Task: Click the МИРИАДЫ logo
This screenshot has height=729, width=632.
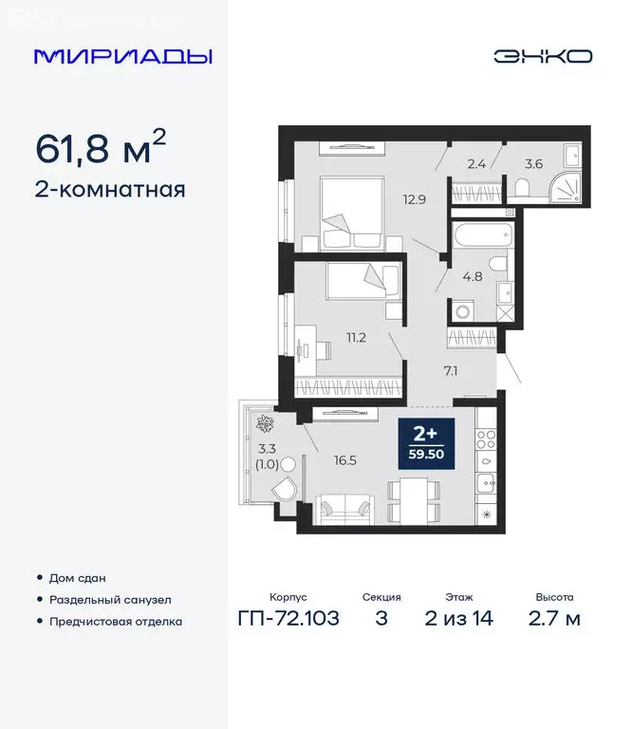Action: point(122,56)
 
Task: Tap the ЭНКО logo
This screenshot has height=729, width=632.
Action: point(542,56)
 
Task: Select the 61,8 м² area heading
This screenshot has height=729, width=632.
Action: point(101,147)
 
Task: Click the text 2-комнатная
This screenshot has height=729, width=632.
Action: point(110,189)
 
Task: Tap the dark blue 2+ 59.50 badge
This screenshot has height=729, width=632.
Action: point(427,443)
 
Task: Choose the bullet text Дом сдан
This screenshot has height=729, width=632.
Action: point(79,577)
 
